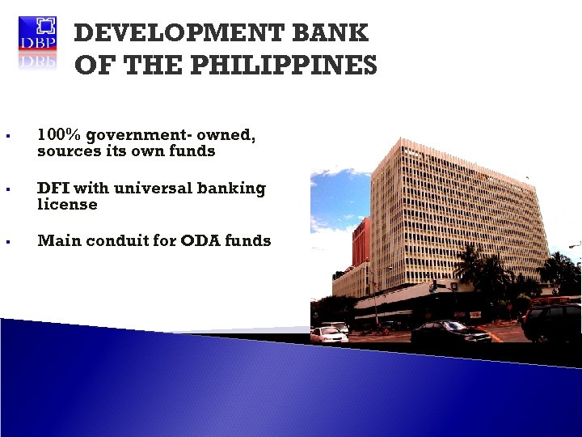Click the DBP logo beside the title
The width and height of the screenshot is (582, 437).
click(x=38, y=43)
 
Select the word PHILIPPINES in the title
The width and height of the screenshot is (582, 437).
click(x=293, y=65)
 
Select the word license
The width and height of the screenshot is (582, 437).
click(x=67, y=205)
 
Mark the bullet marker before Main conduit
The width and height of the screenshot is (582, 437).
click(x=7, y=242)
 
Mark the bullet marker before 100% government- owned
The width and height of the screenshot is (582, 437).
click(x=7, y=137)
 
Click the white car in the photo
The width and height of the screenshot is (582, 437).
click(x=329, y=334)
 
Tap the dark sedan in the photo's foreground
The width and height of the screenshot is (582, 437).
click(x=451, y=330)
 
